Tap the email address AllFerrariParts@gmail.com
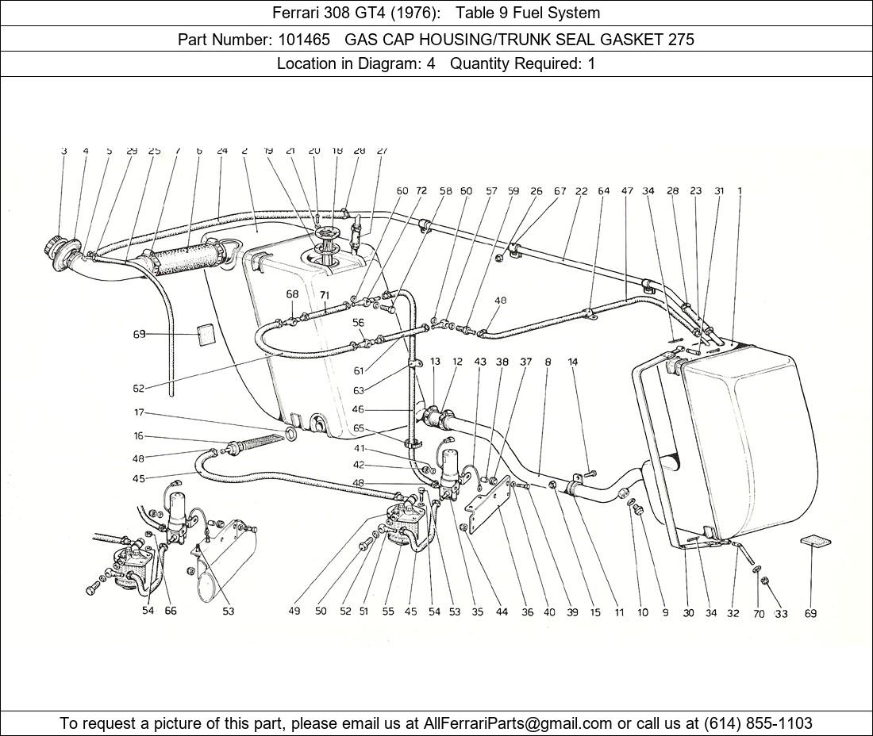coord(518,723)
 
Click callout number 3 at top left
coord(63,151)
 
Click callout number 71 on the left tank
coord(325,295)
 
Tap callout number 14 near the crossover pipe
coord(573,362)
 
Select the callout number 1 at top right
coord(740,190)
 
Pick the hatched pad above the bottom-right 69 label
coord(815,542)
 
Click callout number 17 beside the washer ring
coord(139,412)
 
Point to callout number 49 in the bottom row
coord(294,611)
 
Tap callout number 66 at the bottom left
coord(171,611)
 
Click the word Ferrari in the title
coord(294,13)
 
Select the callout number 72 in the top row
coord(421,191)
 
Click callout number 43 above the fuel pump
coord(480,362)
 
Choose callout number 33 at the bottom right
coord(781,613)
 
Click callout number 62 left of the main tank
coord(139,389)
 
